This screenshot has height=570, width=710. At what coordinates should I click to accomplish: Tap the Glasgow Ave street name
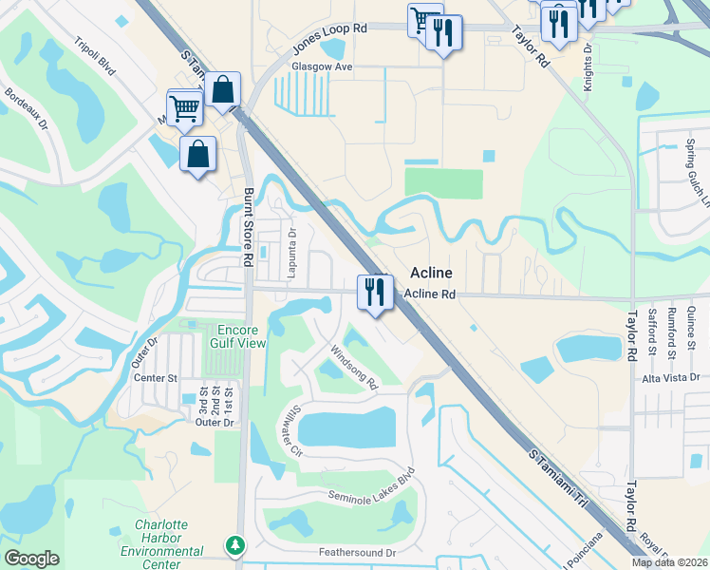point(322,67)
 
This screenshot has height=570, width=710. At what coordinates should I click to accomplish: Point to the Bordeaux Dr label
point(27,108)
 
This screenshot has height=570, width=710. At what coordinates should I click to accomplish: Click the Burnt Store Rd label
point(248,227)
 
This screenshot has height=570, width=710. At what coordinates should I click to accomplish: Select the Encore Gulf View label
point(236,336)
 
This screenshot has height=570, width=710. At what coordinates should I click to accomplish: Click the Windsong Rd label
point(354,367)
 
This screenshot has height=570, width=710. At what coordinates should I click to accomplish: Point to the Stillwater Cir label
point(285,429)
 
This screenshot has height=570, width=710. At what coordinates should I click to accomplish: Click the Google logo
point(32,559)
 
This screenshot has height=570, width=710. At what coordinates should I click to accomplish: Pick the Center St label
point(157,377)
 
